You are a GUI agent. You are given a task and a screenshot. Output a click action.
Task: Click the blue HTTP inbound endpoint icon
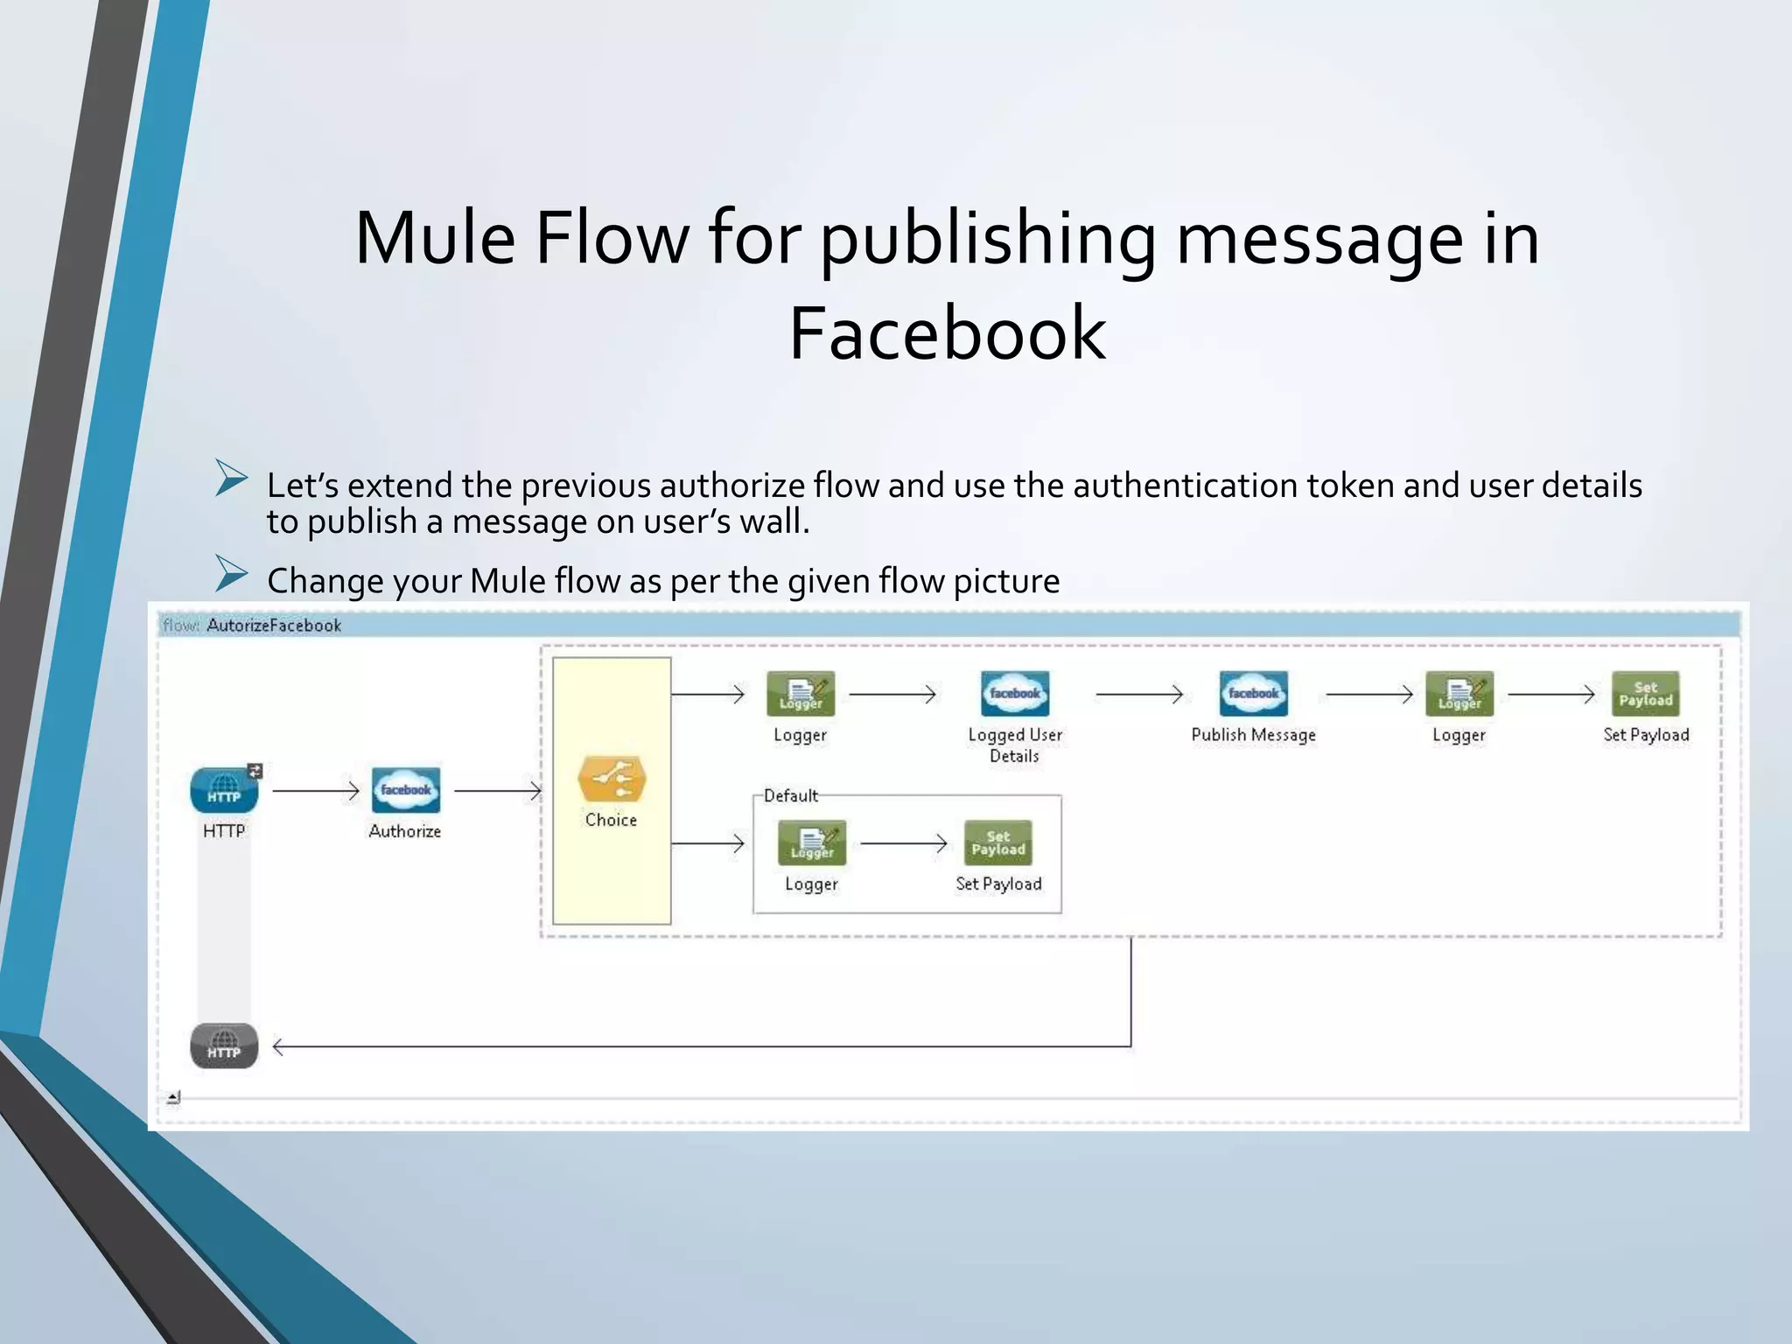coord(224,790)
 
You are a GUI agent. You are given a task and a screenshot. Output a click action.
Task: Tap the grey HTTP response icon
coord(224,1046)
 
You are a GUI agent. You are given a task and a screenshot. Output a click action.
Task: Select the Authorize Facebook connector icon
coord(405,790)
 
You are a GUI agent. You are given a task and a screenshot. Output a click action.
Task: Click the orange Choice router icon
coord(612,779)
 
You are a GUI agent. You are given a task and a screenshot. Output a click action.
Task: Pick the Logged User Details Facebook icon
coord(1015,694)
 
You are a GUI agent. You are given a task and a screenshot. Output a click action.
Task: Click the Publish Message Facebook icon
coord(1253,694)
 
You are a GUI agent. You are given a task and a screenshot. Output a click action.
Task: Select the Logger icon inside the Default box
coord(812,843)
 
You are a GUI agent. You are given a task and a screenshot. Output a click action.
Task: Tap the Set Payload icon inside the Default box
coord(997,843)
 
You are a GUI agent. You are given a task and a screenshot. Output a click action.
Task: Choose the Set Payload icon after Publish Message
coord(1645,694)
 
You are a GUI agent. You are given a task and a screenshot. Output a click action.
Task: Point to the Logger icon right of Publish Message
coord(1459,694)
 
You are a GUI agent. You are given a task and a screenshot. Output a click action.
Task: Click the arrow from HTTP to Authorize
coord(315,791)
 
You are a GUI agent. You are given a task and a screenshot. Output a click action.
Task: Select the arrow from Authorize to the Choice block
coord(497,791)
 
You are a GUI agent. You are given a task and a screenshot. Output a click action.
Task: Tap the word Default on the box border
coord(791,795)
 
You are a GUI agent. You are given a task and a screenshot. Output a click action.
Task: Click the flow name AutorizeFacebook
coord(274,626)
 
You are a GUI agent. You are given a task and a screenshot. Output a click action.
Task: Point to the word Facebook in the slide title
coord(947,332)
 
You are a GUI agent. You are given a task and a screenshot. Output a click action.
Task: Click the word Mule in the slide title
coord(435,238)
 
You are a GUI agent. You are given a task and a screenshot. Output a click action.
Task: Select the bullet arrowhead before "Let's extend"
coord(232,479)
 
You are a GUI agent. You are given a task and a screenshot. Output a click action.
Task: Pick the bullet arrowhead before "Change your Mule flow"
coord(232,574)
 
